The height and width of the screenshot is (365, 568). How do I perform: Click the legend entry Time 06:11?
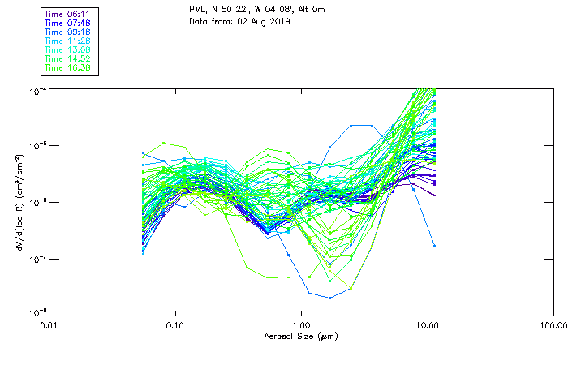click(x=67, y=14)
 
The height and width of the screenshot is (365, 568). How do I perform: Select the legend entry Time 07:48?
click(x=67, y=23)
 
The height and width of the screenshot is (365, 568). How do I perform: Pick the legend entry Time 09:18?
click(x=67, y=32)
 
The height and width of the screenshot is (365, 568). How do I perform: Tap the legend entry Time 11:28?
click(x=67, y=41)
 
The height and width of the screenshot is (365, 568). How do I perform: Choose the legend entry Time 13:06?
click(x=67, y=49)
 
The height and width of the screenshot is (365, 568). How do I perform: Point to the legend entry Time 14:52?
click(x=67, y=58)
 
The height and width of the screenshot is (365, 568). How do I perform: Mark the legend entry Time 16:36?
click(x=67, y=67)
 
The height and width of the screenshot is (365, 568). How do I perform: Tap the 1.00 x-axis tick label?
click(x=301, y=325)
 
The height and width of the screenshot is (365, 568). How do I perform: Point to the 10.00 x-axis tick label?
click(x=427, y=325)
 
